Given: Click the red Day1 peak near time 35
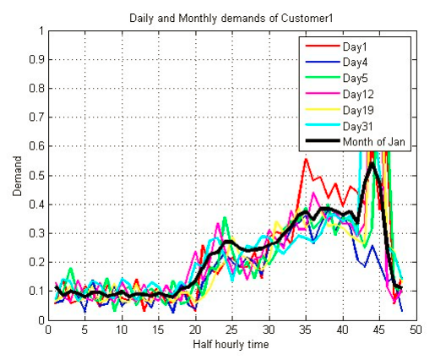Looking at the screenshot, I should coord(306,159).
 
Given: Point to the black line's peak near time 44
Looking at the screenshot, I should coord(372,163).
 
